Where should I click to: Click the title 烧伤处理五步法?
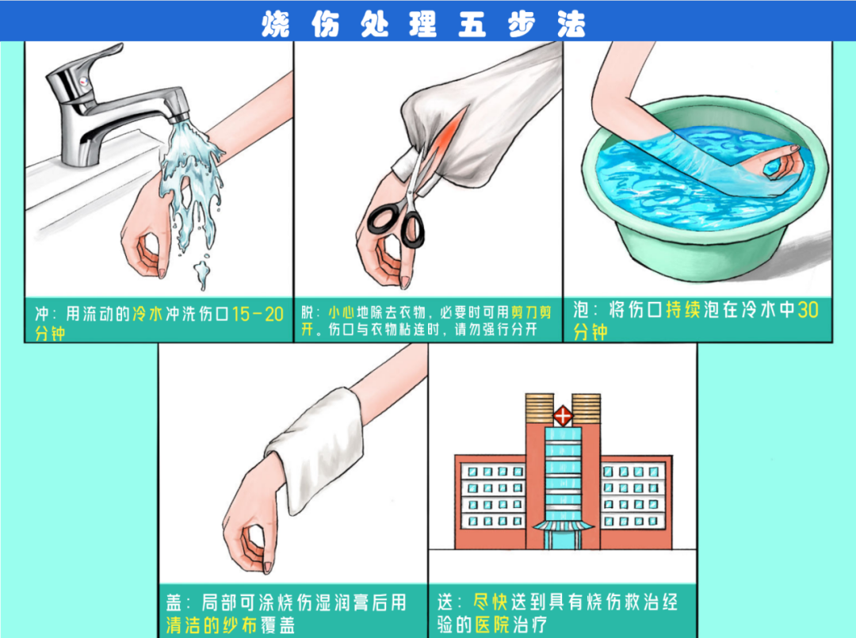[x=423, y=24]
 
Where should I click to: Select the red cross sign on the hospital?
[x=563, y=416]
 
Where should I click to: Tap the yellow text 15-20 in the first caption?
[x=258, y=315]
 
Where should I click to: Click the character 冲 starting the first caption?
[x=42, y=315]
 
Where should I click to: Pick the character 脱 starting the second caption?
[x=308, y=312]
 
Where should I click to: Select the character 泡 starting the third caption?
[x=581, y=310]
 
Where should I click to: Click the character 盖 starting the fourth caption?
[x=174, y=602]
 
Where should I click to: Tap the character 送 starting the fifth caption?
[x=445, y=602]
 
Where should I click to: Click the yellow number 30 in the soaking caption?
[x=808, y=310]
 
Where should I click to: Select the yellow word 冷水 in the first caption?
[x=147, y=315]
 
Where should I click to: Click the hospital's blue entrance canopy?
[x=563, y=525]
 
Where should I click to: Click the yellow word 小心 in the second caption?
[x=341, y=312]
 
